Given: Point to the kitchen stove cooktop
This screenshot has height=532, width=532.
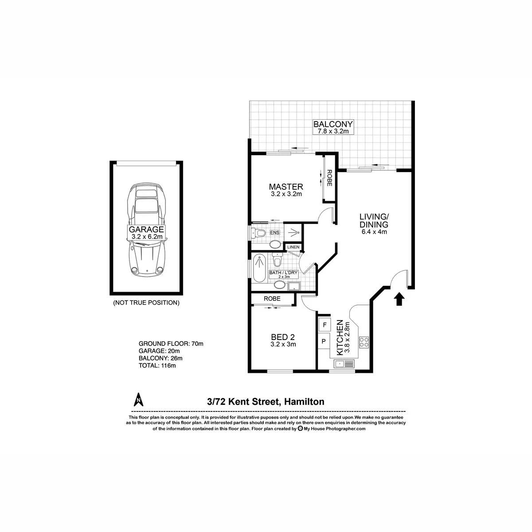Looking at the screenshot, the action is click(364, 341).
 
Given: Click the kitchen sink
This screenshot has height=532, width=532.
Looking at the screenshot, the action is click(344, 364).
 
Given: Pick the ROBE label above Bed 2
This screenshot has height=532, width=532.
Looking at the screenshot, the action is click(272, 299).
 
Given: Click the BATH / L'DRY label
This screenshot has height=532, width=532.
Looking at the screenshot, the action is click(283, 274).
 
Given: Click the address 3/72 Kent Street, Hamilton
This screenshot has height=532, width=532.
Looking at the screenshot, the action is click(266, 402).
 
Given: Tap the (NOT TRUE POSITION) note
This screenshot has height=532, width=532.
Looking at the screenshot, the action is click(146, 303).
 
